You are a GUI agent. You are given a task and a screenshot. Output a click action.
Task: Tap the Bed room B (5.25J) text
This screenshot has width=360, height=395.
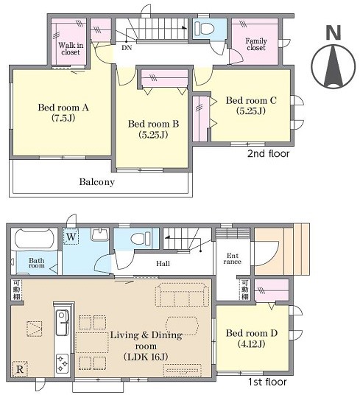click(153, 129)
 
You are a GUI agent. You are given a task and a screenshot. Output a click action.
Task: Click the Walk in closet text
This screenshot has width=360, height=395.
click(71, 49)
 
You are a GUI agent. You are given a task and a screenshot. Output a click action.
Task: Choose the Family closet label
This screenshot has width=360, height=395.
click(256, 44)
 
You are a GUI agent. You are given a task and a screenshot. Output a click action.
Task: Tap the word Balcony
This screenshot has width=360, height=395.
click(97, 182)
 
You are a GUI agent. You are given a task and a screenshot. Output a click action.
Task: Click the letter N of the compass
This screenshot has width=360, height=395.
click(333, 32)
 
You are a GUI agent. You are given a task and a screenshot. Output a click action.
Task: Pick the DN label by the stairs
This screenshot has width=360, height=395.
click(127, 48)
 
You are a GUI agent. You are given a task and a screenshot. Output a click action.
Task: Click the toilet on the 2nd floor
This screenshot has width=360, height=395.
click(204, 28)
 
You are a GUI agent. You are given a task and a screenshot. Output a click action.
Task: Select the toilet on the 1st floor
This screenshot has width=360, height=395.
click(141, 238)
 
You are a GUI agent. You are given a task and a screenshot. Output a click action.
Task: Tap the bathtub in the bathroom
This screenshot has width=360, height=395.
click(34, 238)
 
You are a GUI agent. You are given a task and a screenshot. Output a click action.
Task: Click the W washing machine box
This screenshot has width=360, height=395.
click(71, 237)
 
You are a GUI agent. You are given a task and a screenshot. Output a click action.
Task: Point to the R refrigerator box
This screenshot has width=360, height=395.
click(20, 369)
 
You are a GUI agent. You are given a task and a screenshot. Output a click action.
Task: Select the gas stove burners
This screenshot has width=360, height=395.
click(62, 363)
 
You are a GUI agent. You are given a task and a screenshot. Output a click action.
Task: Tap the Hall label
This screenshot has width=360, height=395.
click(163, 264)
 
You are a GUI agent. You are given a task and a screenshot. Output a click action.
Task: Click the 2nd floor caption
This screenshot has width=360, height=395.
click(268, 153)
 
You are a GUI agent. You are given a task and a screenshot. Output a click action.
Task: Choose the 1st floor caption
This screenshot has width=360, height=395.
click(267, 382)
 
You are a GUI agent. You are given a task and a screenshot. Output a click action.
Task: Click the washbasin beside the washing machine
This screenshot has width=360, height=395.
click(100, 234)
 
